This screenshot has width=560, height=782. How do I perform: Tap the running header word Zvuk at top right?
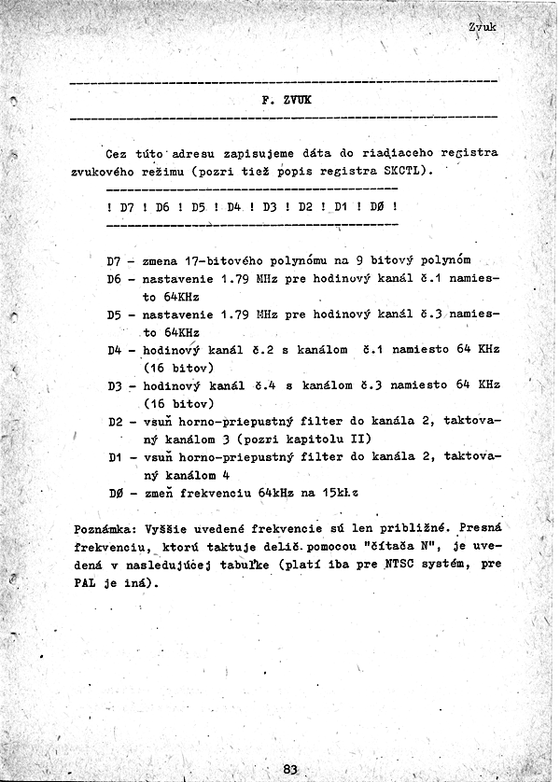click(483, 28)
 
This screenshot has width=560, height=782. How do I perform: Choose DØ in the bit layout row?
click(377, 206)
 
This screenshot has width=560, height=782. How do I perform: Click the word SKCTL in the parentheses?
click(402, 171)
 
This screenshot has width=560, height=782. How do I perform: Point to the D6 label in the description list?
click(115, 278)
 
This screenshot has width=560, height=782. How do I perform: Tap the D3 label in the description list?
click(115, 385)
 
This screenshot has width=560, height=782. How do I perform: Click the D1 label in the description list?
click(115, 457)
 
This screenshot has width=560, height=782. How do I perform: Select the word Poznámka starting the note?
click(102, 528)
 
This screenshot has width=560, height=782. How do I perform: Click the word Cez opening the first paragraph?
click(118, 153)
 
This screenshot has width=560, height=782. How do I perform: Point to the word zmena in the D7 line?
click(160, 260)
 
